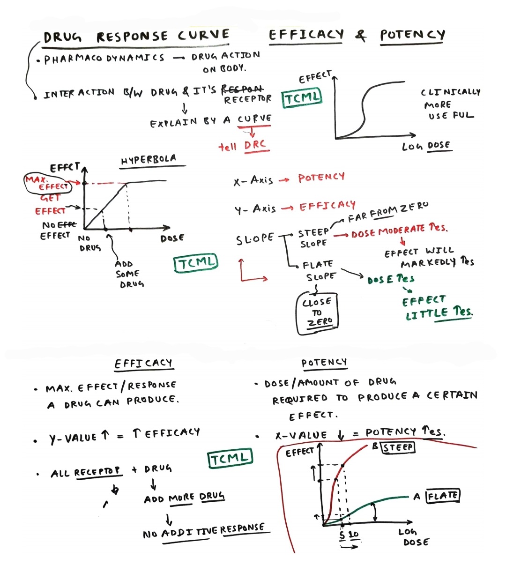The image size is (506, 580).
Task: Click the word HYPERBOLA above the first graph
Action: click(149, 160)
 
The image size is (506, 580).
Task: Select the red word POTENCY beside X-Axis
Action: click(321, 177)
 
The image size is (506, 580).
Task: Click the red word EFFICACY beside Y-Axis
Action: click(327, 206)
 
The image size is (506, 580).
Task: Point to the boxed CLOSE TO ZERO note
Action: click(318, 312)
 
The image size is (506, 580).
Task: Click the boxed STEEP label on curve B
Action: click(398, 447)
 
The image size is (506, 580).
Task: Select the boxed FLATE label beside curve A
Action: click(443, 495)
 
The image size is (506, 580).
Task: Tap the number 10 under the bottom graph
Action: click(354, 535)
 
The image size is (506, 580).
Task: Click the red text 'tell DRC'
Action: click(243, 146)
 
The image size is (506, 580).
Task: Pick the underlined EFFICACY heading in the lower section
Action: click(143, 364)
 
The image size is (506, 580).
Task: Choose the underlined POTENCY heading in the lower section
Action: click(324, 362)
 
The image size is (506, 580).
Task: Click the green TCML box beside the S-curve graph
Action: click(302, 97)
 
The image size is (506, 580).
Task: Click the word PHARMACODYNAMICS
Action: click(104, 59)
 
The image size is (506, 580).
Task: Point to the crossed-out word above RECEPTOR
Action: click(242, 89)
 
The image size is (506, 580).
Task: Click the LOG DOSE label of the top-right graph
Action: click(426, 146)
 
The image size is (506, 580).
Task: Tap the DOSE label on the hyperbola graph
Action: click(172, 238)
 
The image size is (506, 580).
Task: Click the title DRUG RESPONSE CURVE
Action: click(136, 36)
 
